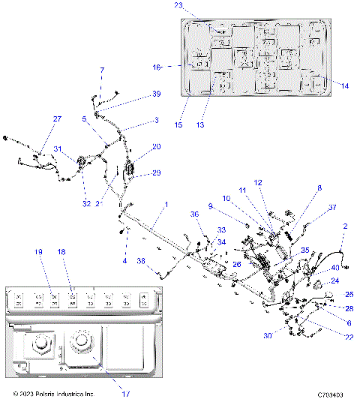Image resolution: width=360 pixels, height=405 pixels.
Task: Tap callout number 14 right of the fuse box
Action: (345, 86)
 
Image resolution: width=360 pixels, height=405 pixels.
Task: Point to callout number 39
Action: (157, 94)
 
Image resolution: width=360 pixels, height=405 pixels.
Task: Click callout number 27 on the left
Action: (57, 119)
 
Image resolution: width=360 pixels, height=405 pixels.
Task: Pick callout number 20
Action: (157, 147)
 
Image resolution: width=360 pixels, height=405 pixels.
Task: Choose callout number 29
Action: (157, 173)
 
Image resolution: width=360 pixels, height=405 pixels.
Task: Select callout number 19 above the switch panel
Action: (38, 253)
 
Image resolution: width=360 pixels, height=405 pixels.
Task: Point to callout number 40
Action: (335, 267)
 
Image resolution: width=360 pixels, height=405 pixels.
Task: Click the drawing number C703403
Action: (330, 394)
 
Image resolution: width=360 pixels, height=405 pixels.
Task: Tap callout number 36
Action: (195, 214)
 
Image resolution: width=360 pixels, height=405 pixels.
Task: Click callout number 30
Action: (268, 335)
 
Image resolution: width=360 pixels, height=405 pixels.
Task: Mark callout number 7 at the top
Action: (102, 70)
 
